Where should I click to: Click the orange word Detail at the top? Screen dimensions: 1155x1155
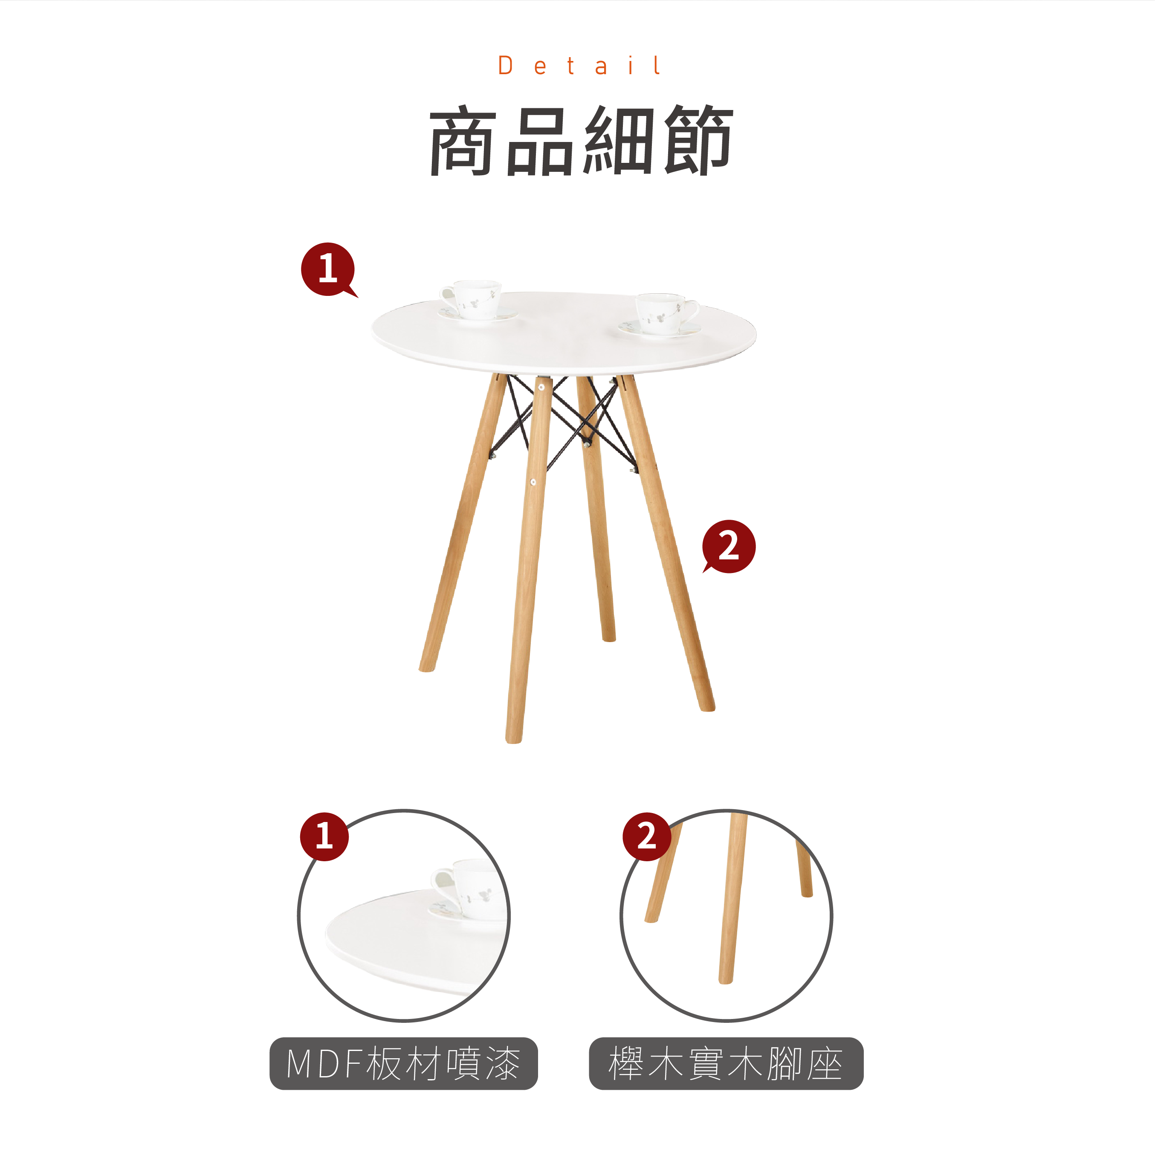click(579, 66)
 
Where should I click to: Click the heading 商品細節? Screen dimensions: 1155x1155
click(581, 141)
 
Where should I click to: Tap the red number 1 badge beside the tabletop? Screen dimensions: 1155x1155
click(328, 269)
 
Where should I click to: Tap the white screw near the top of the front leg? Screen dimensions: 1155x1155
click(541, 388)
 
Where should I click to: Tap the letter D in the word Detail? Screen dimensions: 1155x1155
click(505, 66)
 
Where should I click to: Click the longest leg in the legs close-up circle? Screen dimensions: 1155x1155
click(733, 897)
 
